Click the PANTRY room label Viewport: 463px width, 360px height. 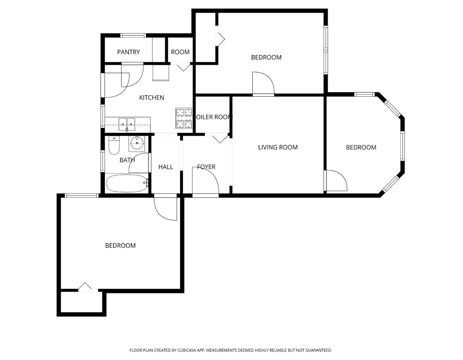(128, 52)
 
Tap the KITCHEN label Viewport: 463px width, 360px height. (151, 98)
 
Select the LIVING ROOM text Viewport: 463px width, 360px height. (278, 147)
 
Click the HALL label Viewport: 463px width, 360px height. (165, 167)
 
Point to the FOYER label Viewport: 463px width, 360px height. (206, 167)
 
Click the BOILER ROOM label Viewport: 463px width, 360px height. (213, 117)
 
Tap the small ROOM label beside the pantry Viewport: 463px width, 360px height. (180, 52)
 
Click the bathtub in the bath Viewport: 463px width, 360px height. (127, 183)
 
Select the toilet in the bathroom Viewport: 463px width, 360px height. (114, 145)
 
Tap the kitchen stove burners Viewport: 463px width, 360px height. (184, 118)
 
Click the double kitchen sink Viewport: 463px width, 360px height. (127, 125)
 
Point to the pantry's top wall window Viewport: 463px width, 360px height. (133, 35)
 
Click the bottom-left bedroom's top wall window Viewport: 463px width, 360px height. (82, 195)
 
